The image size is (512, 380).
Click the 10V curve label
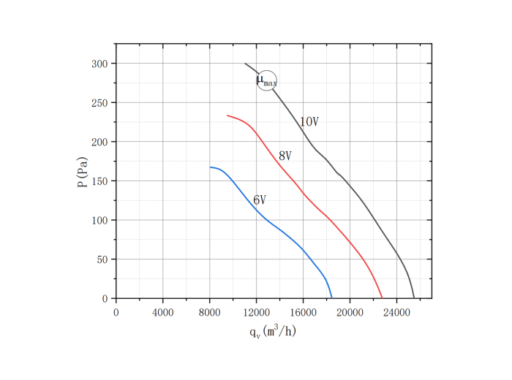pos(309,122)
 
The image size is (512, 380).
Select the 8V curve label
pos(285,156)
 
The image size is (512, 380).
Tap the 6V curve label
pos(260,200)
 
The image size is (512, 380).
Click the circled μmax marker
pos(267,80)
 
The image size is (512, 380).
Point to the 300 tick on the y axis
pos(99,64)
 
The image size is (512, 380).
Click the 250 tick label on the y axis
pos(99,103)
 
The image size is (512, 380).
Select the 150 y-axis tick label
pos(99,181)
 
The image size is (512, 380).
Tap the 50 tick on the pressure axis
pos(102,259)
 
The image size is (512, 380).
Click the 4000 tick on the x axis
pos(162,312)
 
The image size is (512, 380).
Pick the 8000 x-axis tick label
pos(209,312)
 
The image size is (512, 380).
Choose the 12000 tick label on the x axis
pos(256,312)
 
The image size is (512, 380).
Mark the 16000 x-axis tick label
pos(303,312)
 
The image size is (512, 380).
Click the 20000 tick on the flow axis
pos(350,312)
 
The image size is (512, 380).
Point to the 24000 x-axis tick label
pos(396,312)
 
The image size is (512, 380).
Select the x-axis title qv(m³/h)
pos(273,332)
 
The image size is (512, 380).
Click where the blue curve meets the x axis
pos(331,298)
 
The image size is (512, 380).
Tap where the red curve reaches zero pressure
pos(382,298)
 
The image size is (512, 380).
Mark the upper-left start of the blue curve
pos(210,167)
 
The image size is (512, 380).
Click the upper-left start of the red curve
pos(227,115)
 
